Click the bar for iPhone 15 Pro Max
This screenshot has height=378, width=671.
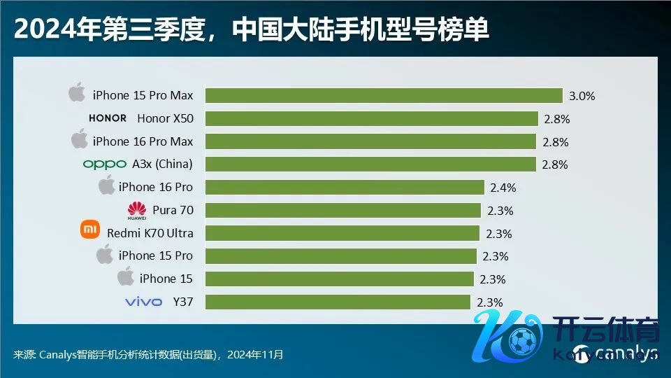pos(384,95)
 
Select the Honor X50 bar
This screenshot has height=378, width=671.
pos(371,118)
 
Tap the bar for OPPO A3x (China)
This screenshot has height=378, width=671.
pos(370,164)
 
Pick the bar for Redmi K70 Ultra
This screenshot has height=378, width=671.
pos(342,233)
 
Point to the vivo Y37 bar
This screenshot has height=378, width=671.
pos(338,302)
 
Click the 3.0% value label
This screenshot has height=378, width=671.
pos(581,96)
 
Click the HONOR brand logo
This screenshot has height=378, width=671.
pos(108,118)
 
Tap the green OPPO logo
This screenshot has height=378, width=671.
pos(104,164)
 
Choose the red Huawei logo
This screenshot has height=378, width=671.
pos(137,210)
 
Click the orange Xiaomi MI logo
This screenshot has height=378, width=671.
pos(91,230)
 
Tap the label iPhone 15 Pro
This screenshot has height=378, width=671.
pos(155,255)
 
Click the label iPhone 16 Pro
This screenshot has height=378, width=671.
pos(155,187)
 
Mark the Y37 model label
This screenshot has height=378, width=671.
pos(182,302)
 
